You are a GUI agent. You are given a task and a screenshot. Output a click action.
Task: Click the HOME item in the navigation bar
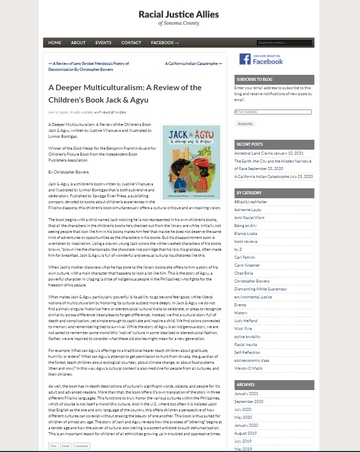55,43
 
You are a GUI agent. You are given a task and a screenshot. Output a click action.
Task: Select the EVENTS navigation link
103,43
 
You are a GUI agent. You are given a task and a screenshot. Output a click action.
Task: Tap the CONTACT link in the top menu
131,43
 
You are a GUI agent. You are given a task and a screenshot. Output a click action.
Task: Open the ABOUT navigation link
78,43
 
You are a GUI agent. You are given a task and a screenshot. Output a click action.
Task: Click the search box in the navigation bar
284,43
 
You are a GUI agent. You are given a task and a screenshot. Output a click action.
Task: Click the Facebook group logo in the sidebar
261,59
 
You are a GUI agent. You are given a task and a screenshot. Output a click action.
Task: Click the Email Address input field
273,112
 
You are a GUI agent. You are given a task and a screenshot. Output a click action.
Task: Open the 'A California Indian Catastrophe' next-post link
193,63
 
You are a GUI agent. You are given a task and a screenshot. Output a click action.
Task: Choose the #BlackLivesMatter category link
251,202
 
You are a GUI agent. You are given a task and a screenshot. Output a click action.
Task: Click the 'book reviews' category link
245,241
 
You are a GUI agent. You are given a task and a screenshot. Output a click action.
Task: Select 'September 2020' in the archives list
249,401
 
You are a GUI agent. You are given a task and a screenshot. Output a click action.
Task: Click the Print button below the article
53,446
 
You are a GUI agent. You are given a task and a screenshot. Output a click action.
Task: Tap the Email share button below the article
65,446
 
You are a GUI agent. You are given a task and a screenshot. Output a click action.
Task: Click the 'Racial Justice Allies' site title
179,14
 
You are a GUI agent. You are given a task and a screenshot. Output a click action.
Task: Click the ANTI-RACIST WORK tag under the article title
111,113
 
